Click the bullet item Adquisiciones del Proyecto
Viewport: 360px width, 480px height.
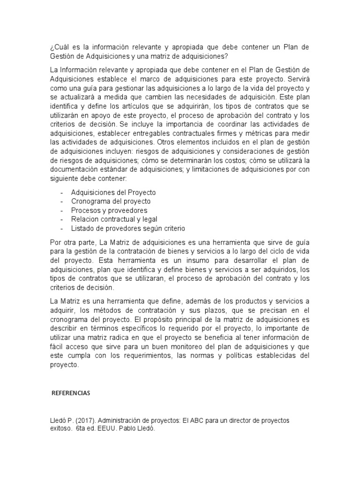click(x=113, y=193)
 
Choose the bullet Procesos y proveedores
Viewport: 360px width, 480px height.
click(x=109, y=210)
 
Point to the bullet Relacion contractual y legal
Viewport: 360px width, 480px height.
click(x=114, y=219)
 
